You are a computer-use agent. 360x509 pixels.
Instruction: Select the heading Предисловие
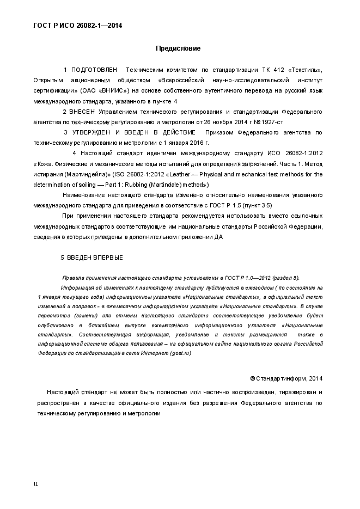coord(178,48)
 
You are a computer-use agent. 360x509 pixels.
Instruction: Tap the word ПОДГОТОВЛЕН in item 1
coord(94,70)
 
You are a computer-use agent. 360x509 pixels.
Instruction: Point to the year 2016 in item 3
coord(190,143)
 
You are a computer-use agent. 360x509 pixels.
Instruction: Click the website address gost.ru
coord(180,353)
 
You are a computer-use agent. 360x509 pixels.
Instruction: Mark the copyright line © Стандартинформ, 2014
coord(286,378)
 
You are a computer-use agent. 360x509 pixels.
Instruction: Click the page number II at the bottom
coord(36,483)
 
